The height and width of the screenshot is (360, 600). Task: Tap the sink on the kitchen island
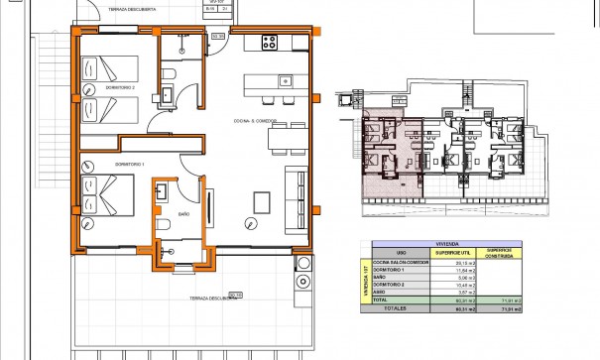285,79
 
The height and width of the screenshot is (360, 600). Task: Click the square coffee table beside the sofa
261,200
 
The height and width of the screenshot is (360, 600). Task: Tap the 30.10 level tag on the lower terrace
234,294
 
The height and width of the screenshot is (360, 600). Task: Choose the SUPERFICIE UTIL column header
454,254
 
